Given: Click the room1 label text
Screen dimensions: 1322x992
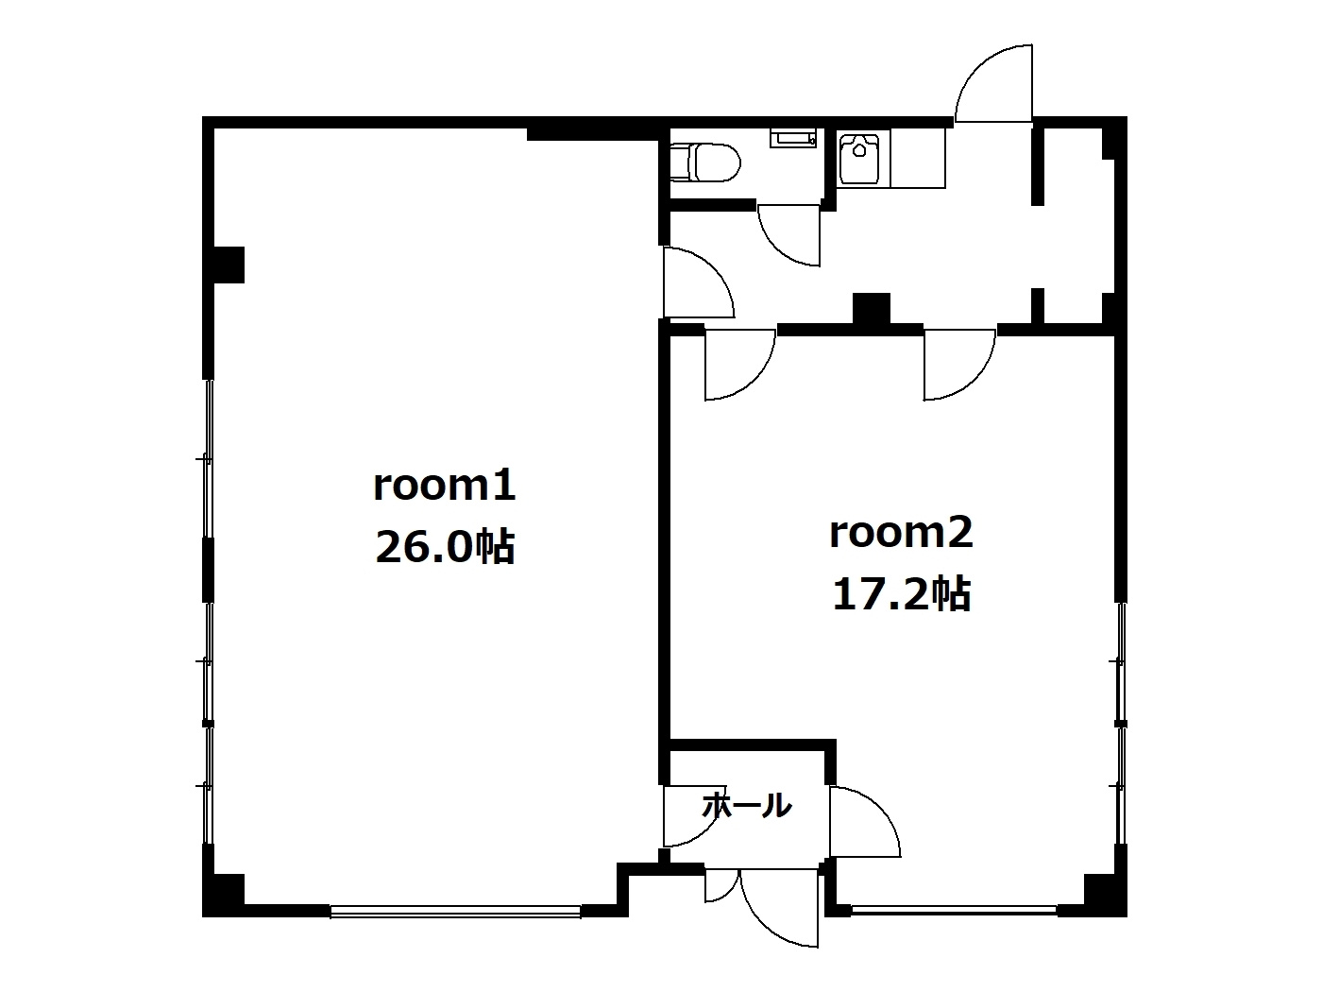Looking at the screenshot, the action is pos(445,486).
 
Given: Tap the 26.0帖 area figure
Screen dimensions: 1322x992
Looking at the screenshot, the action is pos(445,546).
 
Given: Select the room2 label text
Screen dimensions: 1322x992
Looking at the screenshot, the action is pos(901,533).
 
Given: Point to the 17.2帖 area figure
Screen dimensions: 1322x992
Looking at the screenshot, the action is pos(901,594).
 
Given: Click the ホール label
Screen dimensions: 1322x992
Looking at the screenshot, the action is pos(747,805).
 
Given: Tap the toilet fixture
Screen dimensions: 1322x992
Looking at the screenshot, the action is pos(705,162).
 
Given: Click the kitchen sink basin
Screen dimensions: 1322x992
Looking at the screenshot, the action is pos(859,159).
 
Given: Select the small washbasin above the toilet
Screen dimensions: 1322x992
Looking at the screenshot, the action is pos(792,138).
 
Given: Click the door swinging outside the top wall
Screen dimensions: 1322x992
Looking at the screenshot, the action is pos(993,83).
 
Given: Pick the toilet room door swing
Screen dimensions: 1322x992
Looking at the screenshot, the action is pos(789,235).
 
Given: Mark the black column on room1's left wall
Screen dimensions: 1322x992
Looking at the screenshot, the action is pos(229,265).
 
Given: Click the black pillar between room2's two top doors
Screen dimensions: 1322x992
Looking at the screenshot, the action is pos(871,310).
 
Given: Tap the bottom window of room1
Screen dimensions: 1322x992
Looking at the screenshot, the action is pos(455,912).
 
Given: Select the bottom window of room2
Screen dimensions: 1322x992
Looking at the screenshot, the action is pos(955,911).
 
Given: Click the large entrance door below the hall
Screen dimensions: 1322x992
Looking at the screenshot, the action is pos(779,908).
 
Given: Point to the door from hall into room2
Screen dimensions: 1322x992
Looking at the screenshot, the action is pos(865,822).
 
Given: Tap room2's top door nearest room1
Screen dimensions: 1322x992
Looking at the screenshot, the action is pos(740,365).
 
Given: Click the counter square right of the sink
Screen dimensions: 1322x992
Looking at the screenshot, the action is pos(917,159).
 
